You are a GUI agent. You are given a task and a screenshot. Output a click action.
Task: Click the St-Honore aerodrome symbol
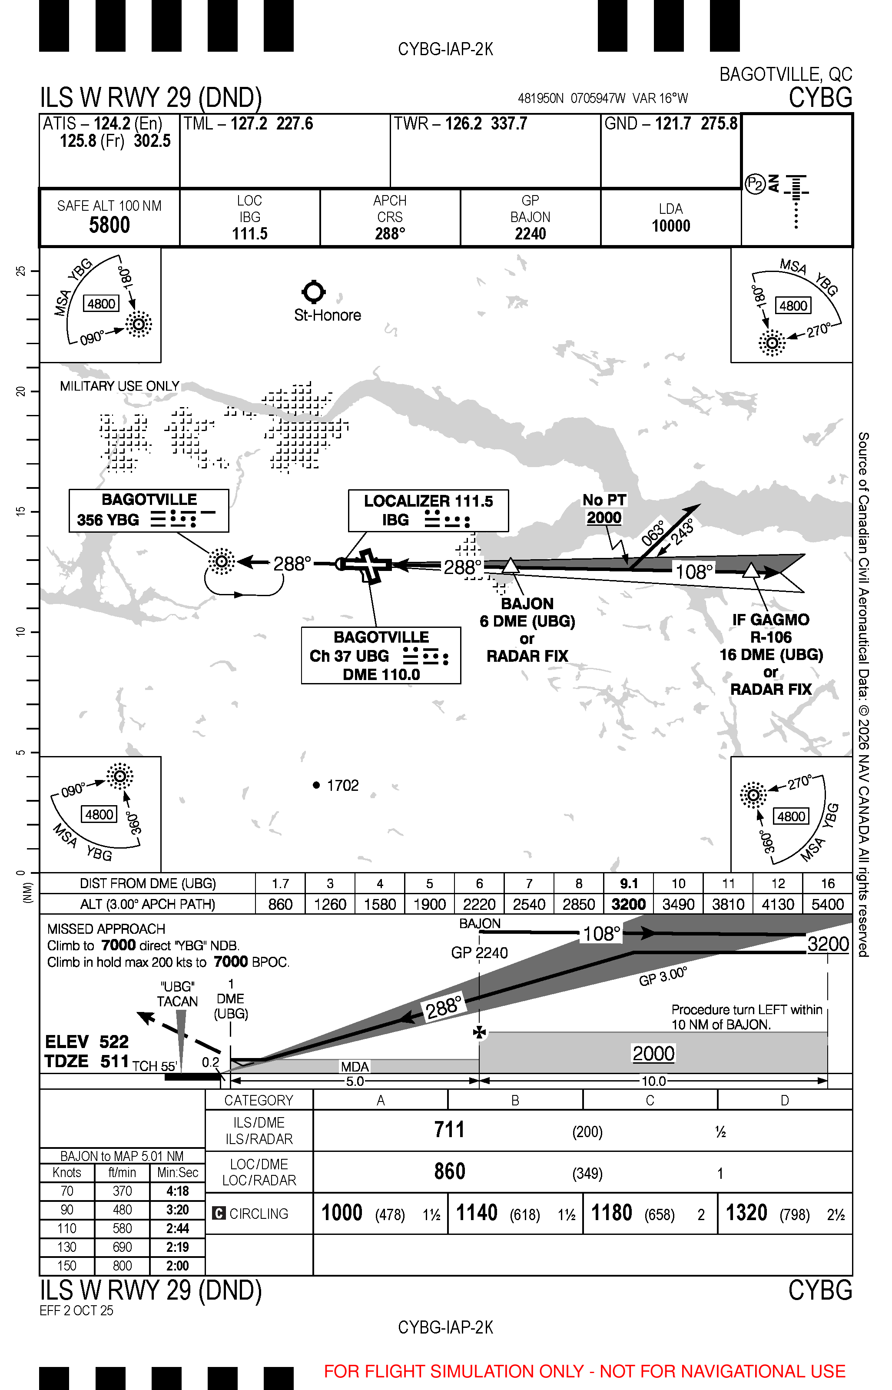(314, 292)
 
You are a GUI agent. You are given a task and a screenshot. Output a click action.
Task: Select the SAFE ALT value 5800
(109, 225)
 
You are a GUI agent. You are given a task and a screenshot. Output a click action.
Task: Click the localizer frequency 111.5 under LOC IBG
(250, 234)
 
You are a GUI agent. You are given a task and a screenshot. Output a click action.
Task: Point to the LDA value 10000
(671, 226)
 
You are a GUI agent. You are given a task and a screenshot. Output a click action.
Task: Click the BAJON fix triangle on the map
(510, 566)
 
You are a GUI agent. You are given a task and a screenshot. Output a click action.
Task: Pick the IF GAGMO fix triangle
(751, 571)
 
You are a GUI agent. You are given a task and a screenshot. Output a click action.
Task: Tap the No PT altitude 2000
(604, 518)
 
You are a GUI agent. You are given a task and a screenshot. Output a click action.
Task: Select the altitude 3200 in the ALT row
(628, 904)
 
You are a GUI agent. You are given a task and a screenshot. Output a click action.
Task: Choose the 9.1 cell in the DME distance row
(628, 883)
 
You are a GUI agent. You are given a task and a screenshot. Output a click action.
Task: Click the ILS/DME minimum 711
(449, 1129)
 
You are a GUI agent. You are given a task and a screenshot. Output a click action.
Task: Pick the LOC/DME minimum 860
(449, 1171)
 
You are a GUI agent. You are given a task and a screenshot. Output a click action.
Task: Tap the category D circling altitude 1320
(746, 1213)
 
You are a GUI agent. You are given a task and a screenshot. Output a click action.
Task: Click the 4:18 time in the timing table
(177, 1191)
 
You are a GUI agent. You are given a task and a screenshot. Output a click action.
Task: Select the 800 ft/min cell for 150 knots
(122, 1265)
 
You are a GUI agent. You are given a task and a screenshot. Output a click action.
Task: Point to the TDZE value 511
(114, 1062)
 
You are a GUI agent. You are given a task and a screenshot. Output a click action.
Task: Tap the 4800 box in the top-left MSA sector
(101, 303)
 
